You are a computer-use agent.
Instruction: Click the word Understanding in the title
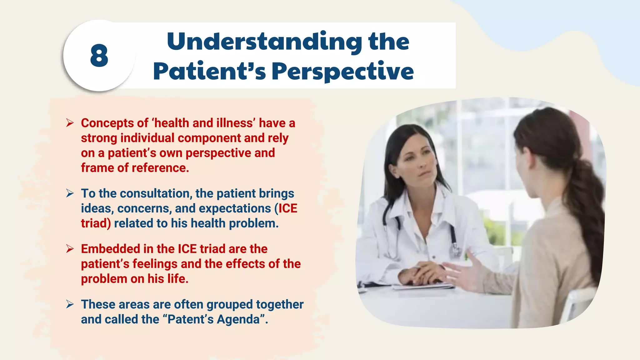coord(264,41)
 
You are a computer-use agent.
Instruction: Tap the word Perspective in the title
coord(342,72)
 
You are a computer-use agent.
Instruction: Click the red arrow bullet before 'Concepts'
coord(70,123)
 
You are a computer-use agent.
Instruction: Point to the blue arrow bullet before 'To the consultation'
coord(70,193)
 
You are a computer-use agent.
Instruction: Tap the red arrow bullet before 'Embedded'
coord(70,249)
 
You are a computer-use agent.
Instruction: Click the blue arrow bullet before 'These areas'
coord(70,304)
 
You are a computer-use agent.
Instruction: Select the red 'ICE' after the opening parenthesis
coord(288,208)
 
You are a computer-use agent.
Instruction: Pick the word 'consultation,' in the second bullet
coord(155,194)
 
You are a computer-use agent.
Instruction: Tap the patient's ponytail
coord(587,200)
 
